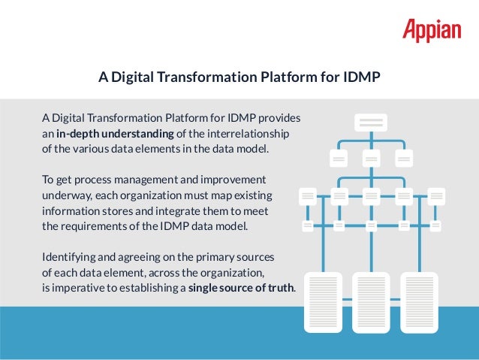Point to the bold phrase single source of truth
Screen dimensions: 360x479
241,288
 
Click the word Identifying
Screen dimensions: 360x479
68,257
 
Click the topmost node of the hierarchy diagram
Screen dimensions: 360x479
370,123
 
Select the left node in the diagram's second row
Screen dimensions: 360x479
339,159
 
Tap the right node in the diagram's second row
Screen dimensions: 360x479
404,159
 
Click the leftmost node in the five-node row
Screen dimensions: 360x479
307,196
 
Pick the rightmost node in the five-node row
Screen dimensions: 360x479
436,196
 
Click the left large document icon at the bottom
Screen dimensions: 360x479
322,301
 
